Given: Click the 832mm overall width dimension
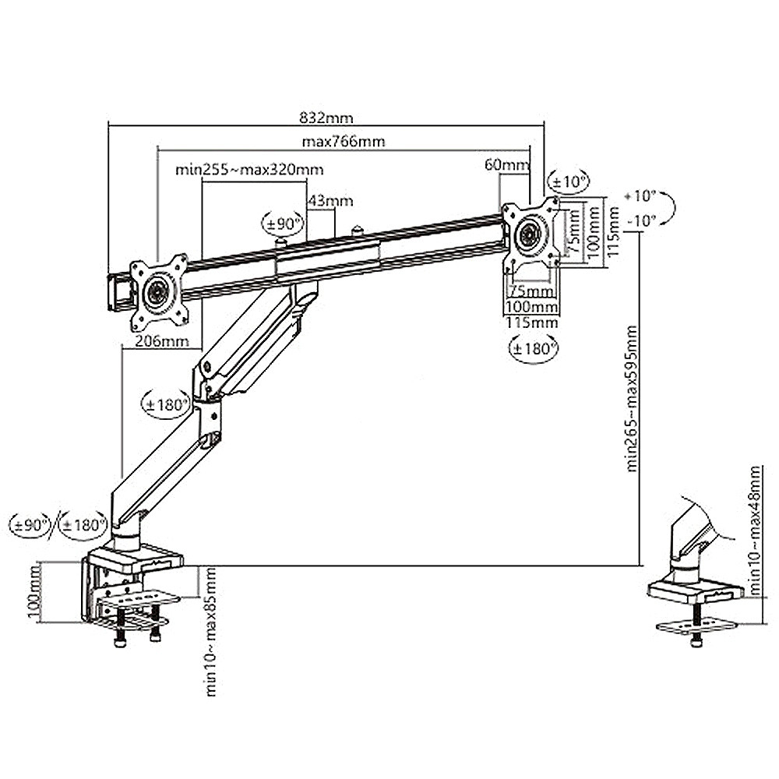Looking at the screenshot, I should pyautogui.click(x=326, y=118).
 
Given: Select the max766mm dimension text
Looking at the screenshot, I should pyautogui.click(x=344, y=142).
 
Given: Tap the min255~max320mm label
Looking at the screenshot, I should pyautogui.click(x=249, y=170).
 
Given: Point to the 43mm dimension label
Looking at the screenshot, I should pyautogui.click(x=330, y=201).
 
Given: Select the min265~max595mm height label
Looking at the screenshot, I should pyautogui.click(x=632, y=397).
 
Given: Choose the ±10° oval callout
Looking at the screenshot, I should pyautogui.click(x=569, y=182).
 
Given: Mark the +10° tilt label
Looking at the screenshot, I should pyautogui.click(x=640, y=195).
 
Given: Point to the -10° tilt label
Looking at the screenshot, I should pyautogui.click(x=640, y=220).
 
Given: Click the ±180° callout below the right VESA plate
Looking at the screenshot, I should pyautogui.click(x=533, y=348).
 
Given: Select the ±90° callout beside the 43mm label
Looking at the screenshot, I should pyautogui.click(x=283, y=224).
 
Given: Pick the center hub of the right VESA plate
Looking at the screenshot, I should pyautogui.click(x=530, y=232).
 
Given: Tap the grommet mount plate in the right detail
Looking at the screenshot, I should pyautogui.click(x=696, y=626).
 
